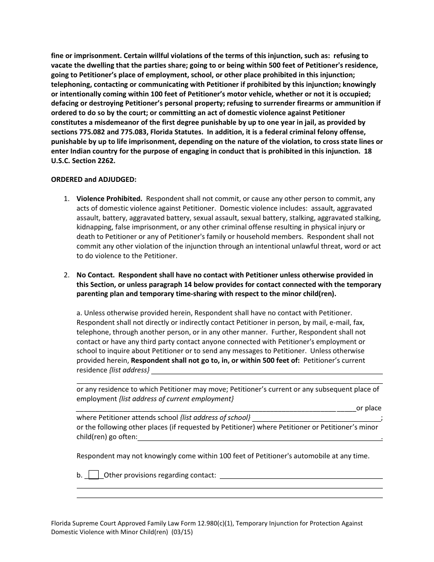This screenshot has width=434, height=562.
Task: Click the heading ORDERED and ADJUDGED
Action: (x=93, y=180)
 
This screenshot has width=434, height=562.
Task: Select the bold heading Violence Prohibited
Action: (x=109, y=199)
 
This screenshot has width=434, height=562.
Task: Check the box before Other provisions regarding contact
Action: (x=93, y=475)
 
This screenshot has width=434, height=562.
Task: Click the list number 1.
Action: (x=66, y=199)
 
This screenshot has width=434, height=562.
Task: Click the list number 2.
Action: (x=66, y=275)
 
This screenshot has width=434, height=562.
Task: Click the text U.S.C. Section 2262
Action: (x=85, y=161)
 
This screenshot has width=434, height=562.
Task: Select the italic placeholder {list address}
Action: (x=129, y=370)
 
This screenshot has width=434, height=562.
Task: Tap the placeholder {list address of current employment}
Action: (x=176, y=399)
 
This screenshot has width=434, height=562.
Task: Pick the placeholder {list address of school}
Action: (x=215, y=418)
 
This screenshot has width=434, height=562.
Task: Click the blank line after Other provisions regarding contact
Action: (x=301, y=476)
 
